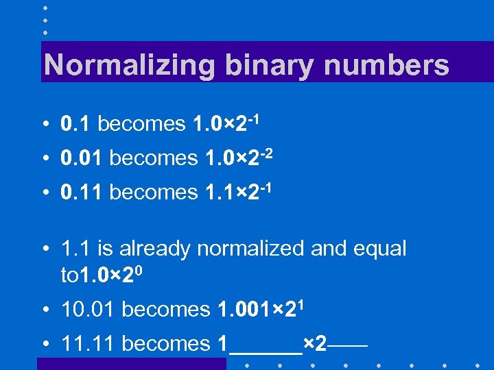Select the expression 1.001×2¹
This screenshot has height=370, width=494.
click(x=261, y=309)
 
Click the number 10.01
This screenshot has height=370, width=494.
click(x=87, y=310)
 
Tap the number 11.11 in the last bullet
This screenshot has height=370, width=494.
click(x=87, y=344)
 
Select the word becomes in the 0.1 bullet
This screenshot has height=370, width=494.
click(x=141, y=124)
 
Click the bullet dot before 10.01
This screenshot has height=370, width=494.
click(x=45, y=310)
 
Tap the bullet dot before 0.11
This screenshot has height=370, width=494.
click(x=45, y=193)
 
